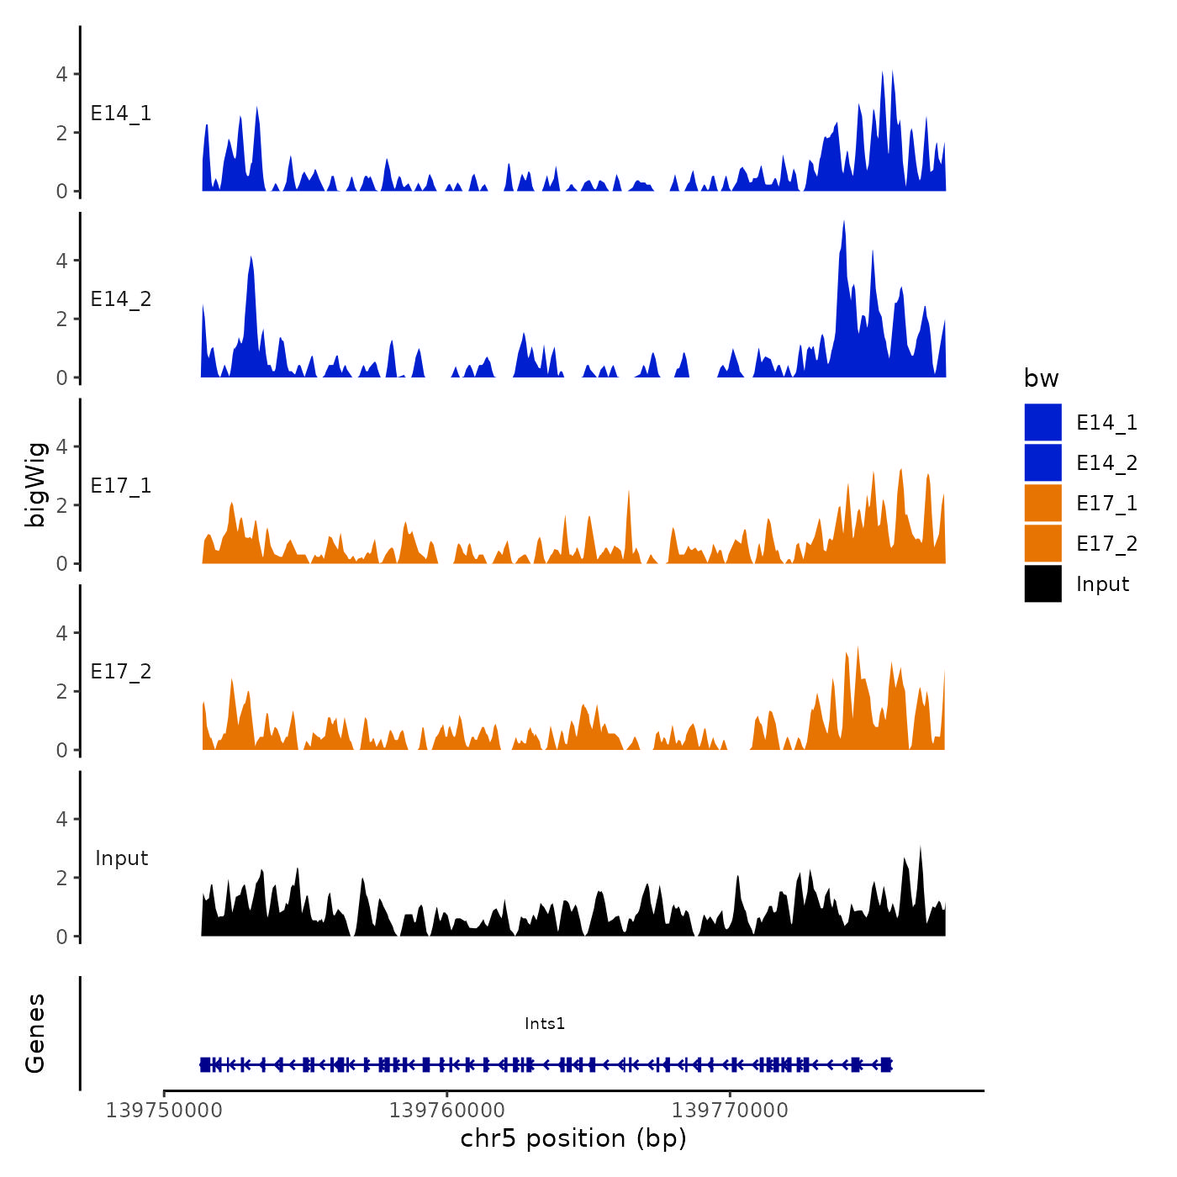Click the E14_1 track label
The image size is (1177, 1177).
coord(121,113)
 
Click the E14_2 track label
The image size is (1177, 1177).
coord(121,299)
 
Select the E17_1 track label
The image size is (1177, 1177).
coord(121,486)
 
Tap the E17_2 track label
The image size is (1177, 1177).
coord(121,672)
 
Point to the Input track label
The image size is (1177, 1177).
coord(121,858)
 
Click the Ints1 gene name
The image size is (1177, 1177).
coord(545,1023)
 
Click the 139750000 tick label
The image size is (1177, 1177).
coord(164,1111)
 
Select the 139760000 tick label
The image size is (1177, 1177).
coord(447,1111)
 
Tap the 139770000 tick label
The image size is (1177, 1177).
coord(731,1111)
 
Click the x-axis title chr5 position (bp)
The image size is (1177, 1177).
coord(573,1138)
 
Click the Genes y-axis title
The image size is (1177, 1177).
coord(35,1033)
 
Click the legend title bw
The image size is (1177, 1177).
coord(1041,378)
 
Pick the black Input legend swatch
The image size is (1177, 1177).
coord(1042,583)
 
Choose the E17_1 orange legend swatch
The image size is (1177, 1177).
coord(1042,503)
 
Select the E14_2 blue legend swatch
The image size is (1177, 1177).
coord(1042,462)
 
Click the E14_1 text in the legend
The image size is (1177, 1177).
coord(1106,423)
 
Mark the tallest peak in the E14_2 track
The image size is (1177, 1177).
coord(843,222)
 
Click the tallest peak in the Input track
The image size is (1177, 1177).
coord(921,847)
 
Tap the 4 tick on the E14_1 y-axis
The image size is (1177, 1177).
coord(61,74)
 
